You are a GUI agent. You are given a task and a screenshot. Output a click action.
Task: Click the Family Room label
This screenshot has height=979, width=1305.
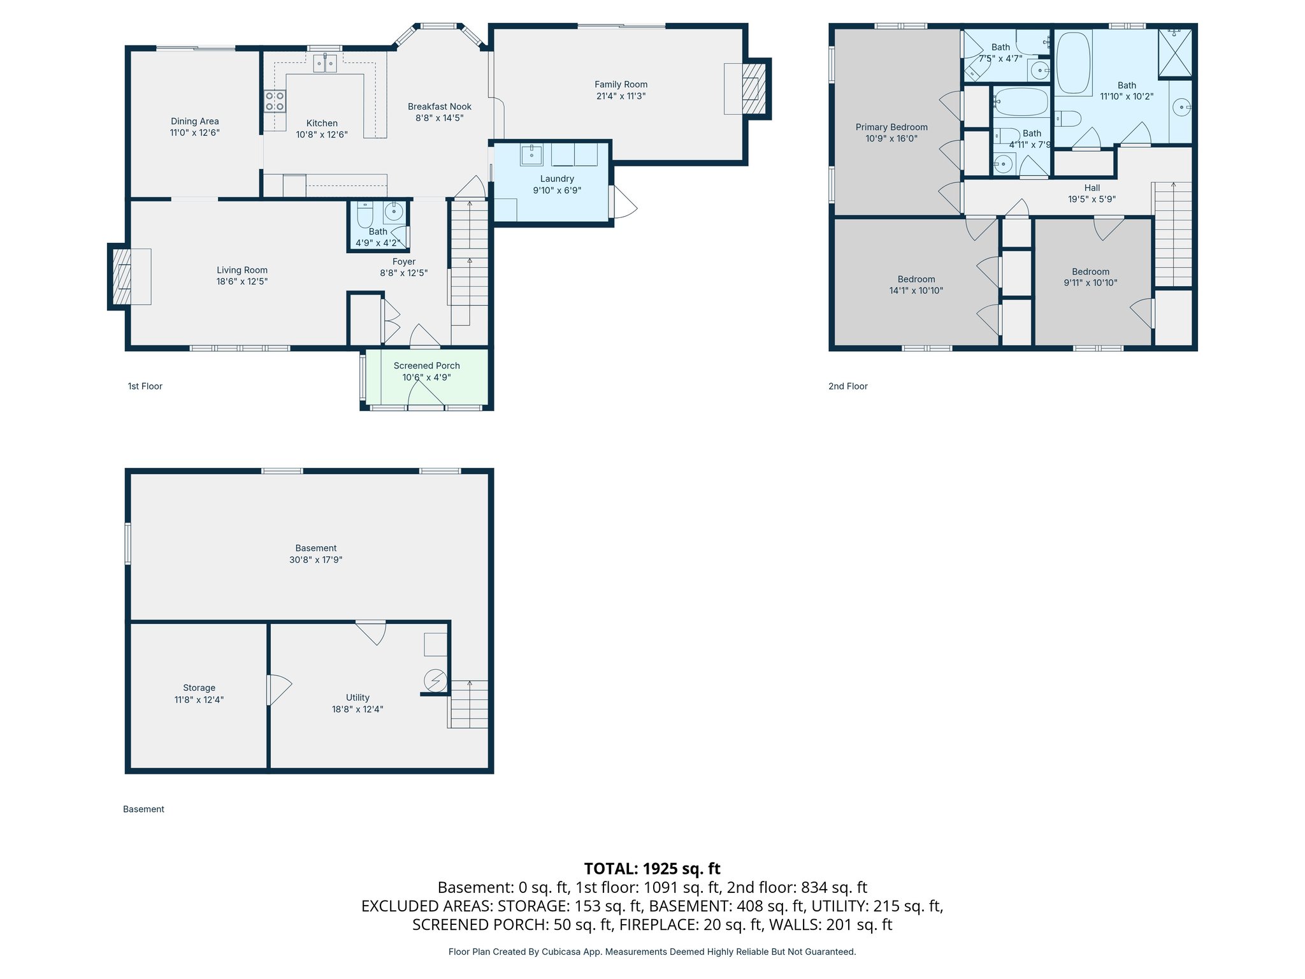[x=621, y=84]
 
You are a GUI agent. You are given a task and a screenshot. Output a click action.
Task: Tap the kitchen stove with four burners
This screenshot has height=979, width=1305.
[x=275, y=101]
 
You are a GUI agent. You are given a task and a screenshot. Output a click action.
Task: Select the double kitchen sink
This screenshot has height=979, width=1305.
[x=325, y=64]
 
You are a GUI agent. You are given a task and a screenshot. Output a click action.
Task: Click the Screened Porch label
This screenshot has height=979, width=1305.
[x=426, y=366]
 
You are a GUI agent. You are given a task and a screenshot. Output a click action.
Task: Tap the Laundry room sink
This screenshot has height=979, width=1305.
[x=531, y=155]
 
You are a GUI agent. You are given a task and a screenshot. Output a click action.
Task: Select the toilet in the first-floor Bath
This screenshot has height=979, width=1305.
[x=365, y=214]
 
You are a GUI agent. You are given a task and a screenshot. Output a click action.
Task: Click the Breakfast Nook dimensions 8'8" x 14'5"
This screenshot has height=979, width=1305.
[x=440, y=118]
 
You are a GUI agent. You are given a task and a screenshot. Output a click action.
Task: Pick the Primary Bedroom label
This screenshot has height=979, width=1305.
[x=891, y=127]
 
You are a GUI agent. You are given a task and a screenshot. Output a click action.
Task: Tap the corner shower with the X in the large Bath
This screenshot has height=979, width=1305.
[x=1174, y=53]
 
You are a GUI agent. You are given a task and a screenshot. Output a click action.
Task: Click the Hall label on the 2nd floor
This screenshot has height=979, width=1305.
[x=1092, y=188]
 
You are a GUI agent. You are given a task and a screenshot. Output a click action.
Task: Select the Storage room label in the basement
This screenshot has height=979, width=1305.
[x=199, y=688]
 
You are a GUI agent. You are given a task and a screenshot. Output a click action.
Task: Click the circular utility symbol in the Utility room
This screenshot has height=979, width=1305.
[x=435, y=680]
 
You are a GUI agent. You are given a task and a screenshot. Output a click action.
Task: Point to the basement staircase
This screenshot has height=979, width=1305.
[x=469, y=704]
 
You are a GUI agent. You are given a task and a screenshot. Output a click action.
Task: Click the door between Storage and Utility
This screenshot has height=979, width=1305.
[x=278, y=689]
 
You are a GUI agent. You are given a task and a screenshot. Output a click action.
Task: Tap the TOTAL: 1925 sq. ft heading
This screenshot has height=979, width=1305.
[x=652, y=869]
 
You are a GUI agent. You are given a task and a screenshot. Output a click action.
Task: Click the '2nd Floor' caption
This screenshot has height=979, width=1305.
[x=847, y=386]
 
